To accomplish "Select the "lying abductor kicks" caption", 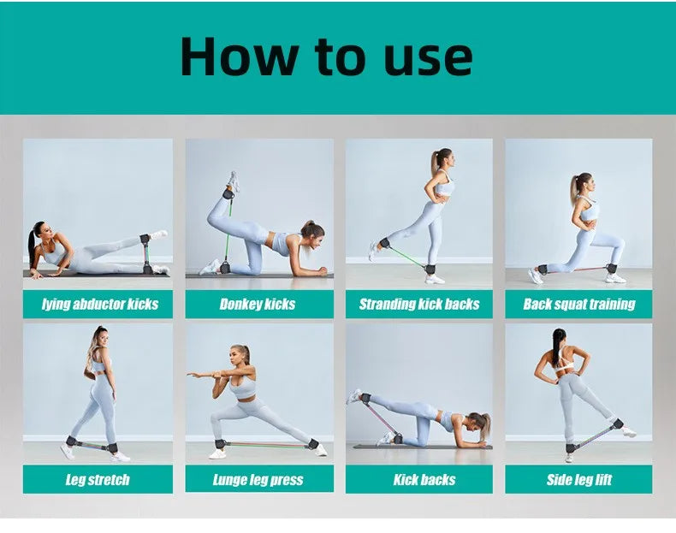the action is tap(100, 305).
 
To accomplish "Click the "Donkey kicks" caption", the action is tap(258, 305).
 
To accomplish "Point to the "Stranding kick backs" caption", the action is tap(419, 305).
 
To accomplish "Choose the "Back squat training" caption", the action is tap(579, 305).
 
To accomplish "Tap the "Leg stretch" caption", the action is tap(98, 480).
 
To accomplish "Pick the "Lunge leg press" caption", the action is tap(258, 480).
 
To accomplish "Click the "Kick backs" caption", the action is tap(424, 480).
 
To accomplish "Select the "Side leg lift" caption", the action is tap(579, 480).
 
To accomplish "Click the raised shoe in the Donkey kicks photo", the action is tap(234, 181).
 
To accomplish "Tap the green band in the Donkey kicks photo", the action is tap(228, 229).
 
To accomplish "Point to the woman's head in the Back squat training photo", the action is tap(584, 184).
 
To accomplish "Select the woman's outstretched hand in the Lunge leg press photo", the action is tap(193, 375).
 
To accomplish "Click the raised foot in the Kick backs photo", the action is tap(354, 396).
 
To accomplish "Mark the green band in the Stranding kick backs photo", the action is tap(406, 257).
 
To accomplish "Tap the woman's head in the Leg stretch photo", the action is tap(100, 337).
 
